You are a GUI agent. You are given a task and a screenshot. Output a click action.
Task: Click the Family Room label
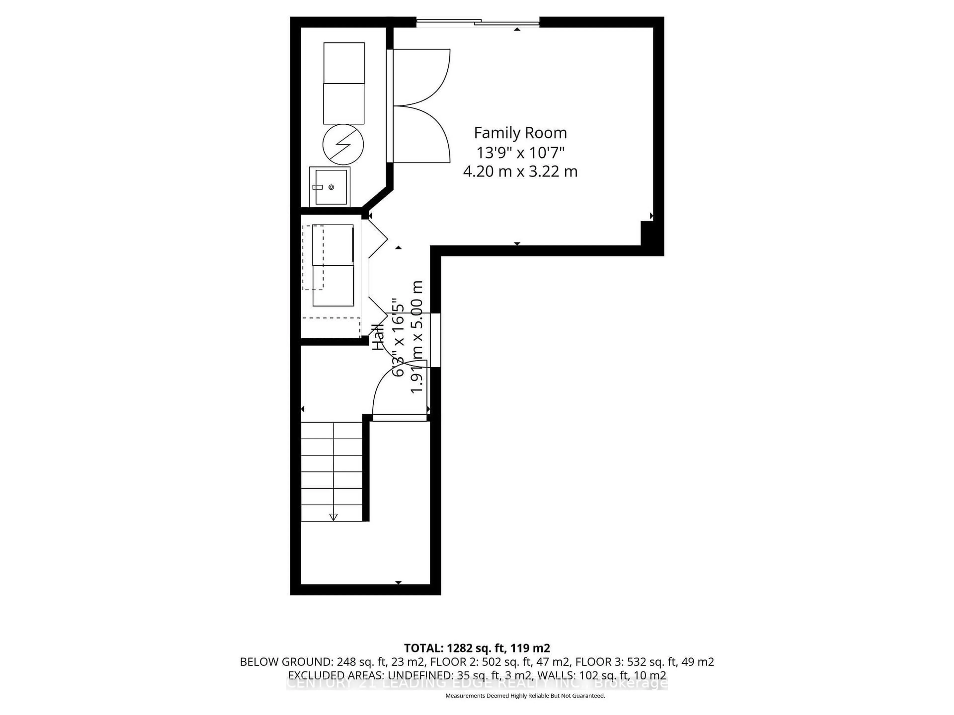[x=520, y=133]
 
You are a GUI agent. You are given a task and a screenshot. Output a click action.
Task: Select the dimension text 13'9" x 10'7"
[x=520, y=153]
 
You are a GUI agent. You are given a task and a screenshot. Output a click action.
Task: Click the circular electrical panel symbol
[x=343, y=145]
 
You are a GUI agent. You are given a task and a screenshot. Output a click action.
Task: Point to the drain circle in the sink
[x=331, y=187]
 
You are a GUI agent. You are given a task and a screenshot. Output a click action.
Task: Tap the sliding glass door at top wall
[x=477, y=22]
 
